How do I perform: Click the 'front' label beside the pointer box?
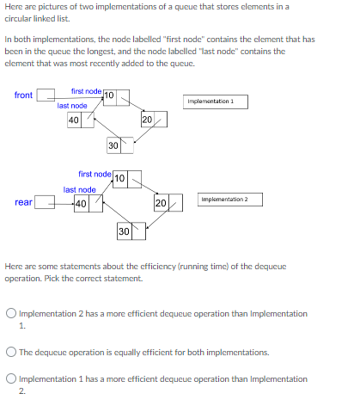pyautogui.click(x=24, y=95)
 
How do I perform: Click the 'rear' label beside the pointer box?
pyautogui.click(x=24, y=203)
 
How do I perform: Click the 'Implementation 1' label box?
pyautogui.click(x=216, y=101)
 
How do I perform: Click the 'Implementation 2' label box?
pyautogui.click(x=229, y=200)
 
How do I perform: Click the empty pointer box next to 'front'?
pyautogui.click(x=46, y=95)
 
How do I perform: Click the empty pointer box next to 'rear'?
pyautogui.click(x=46, y=203)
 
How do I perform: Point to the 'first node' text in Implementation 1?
pyautogui.click(x=86, y=90)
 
